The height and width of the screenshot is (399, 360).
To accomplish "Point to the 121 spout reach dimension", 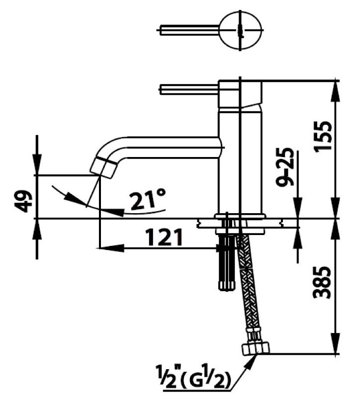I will (x=165, y=238).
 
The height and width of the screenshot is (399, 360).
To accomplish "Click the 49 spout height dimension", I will (x=22, y=202).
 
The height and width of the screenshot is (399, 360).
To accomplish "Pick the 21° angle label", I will (x=147, y=200).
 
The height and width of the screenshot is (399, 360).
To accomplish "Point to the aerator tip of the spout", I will (x=104, y=167).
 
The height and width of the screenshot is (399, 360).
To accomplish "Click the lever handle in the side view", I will (x=189, y=89).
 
